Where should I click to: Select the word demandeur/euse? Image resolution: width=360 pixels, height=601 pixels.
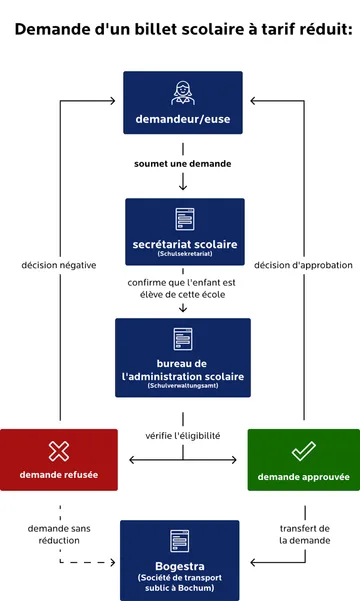coord(183,121)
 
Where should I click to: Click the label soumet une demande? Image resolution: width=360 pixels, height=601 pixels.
coord(183,162)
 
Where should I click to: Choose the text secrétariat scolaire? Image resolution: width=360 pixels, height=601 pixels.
coord(184,244)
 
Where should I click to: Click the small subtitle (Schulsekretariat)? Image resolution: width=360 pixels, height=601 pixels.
coord(184,255)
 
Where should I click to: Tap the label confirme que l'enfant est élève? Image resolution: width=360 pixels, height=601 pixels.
coord(182,289)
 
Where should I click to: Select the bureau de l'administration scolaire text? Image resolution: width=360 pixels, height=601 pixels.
coord(183,370)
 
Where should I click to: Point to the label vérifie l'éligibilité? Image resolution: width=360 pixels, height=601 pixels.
coord(183,436)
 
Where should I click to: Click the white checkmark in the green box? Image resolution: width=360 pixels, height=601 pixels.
coord(303,450)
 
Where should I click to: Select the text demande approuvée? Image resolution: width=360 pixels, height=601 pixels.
coord(303,475)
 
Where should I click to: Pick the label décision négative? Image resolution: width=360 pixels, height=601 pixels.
coord(59,265)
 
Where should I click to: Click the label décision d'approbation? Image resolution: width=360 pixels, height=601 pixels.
coord(304,265)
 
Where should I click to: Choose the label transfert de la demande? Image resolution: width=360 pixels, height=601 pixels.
coord(304,534)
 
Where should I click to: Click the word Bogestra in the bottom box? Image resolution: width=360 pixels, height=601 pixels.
coord(181,565)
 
